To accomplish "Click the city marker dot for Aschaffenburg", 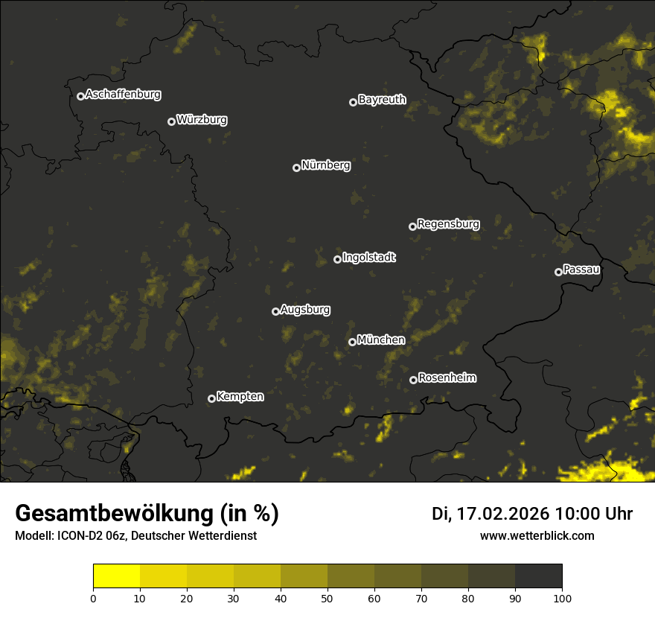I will pos(80,96).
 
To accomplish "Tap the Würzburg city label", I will pos(202,120).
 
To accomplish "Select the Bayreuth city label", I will pos(382,100).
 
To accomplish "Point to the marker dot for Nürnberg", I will pos(296,168).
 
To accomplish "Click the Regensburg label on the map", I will pos(448,223).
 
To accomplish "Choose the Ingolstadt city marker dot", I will pos(337,259).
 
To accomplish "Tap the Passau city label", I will pos(581,270).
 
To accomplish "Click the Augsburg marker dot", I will pos(275,311).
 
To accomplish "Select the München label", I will pos(381,340).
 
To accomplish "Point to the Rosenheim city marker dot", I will pos(413,380).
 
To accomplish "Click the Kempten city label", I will pos(240,397).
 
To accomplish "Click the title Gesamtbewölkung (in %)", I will pos(147,513).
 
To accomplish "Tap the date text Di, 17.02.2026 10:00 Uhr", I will pos(532,514).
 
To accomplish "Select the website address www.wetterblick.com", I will pos(537,535).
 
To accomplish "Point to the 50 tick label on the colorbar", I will pos(327,597).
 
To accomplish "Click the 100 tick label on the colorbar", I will pos(562,597).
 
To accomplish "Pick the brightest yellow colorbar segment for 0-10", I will pos(116,576).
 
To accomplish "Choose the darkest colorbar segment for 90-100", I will pos(538,576).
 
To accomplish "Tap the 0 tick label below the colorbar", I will pos(93,597).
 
